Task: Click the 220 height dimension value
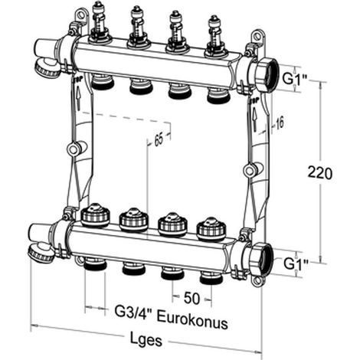[320, 173]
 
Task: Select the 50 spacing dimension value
[191, 298]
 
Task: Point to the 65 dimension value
[159, 140]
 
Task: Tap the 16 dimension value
[279, 123]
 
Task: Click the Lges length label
[146, 339]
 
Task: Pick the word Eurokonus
[192, 320]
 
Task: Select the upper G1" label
[296, 79]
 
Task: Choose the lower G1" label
[296, 263]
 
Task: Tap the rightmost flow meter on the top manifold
[215, 37]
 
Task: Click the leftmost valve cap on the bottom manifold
[95, 214]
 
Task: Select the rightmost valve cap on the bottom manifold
[211, 229]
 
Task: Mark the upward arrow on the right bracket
[254, 119]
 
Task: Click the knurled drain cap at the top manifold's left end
[47, 67]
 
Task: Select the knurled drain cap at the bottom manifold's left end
[41, 253]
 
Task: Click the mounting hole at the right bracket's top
[257, 36]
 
